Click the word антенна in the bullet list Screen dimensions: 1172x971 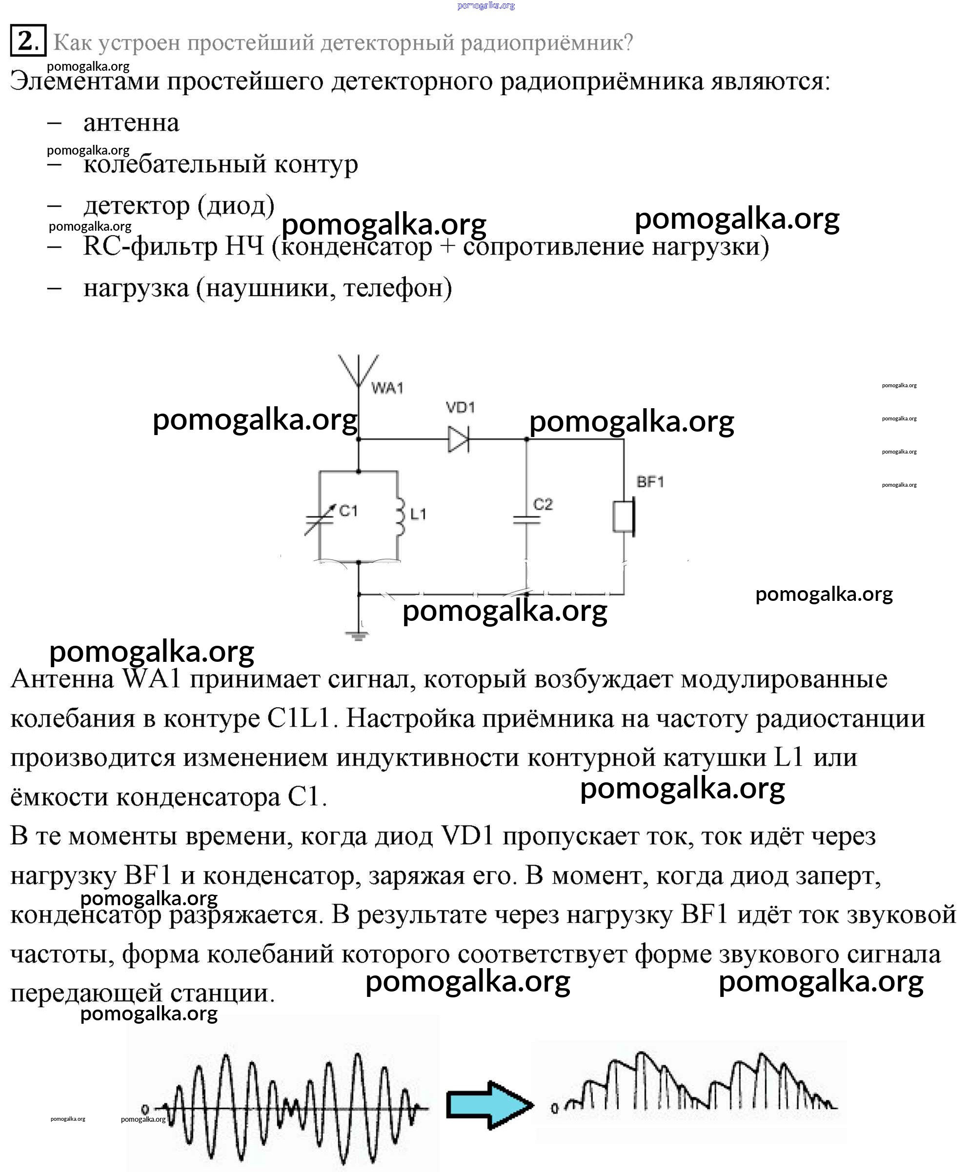[x=131, y=122]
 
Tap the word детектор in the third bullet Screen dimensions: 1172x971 [x=137, y=205]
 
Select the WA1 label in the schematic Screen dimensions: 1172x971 [x=387, y=387]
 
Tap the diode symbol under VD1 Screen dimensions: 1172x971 [x=458, y=439]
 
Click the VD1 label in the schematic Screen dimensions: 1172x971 [x=461, y=407]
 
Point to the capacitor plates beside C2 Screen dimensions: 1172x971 [x=526, y=520]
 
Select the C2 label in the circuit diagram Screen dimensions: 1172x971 [x=543, y=504]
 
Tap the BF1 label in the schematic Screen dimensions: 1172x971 [x=650, y=482]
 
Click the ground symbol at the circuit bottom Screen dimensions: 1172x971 [x=358, y=635]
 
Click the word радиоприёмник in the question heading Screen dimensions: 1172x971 [x=546, y=42]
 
